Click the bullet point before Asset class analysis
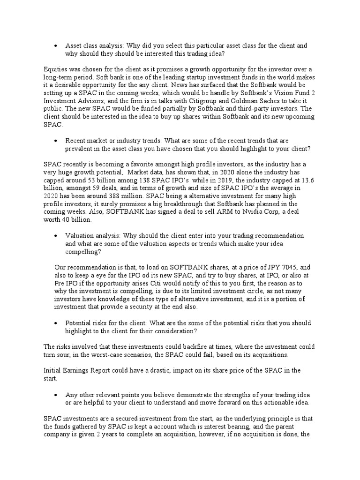[x=56, y=46]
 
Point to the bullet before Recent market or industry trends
[x=56, y=140]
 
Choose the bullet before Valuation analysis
[x=56, y=235]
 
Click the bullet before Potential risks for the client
[x=56, y=323]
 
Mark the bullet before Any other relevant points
[x=56, y=395]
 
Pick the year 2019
[x=244, y=180]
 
